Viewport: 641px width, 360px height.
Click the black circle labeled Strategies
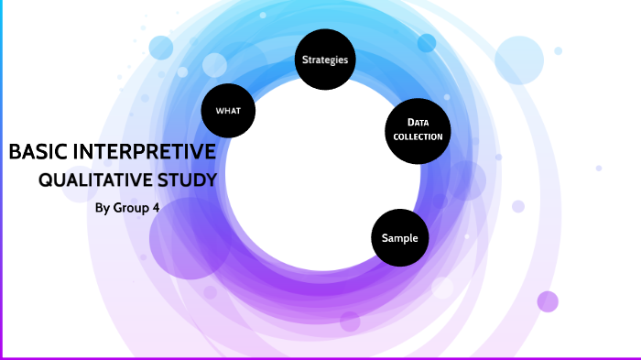pyautogui.click(x=325, y=60)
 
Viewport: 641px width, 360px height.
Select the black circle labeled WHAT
pyautogui.click(x=228, y=111)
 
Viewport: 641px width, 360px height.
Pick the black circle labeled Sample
pyautogui.click(x=400, y=238)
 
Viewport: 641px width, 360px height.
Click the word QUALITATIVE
pyautogui.click(x=95, y=180)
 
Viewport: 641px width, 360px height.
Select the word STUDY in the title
pyautogui.click(x=188, y=180)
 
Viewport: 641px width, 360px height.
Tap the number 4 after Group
pyautogui.click(x=156, y=207)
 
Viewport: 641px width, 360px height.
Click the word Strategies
pyautogui.click(x=325, y=60)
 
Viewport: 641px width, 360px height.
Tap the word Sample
pyautogui.click(x=400, y=238)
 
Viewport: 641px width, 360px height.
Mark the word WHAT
pyautogui.click(x=228, y=111)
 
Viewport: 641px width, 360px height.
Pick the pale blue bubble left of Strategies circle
pyautogui.click(x=214, y=65)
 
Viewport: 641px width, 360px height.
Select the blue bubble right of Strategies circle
pyautogui.click(x=427, y=43)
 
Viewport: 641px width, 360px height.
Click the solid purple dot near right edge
pyautogui.click(x=548, y=301)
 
